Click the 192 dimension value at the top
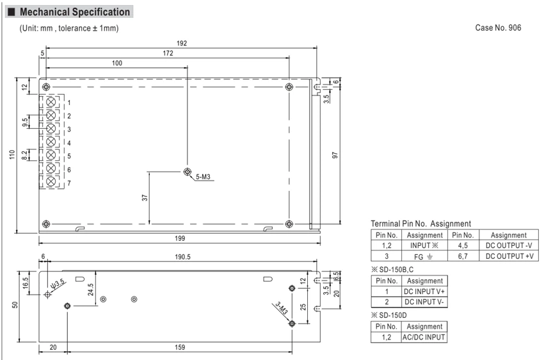pyautogui.click(x=182, y=43)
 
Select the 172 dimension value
pyautogui.click(x=168, y=53)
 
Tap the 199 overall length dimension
pyautogui.click(x=180, y=238)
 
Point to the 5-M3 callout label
pyautogui.click(x=203, y=177)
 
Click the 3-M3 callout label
pyautogui.click(x=282, y=308)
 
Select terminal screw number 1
pyautogui.click(x=51, y=102)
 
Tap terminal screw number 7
pyautogui.click(x=51, y=181)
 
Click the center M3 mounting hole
pyautogui.click(x=188, y=172)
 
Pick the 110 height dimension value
pyautogui.click(x=12, y=155)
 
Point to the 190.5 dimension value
pyautogui.click(x=182, y=257)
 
